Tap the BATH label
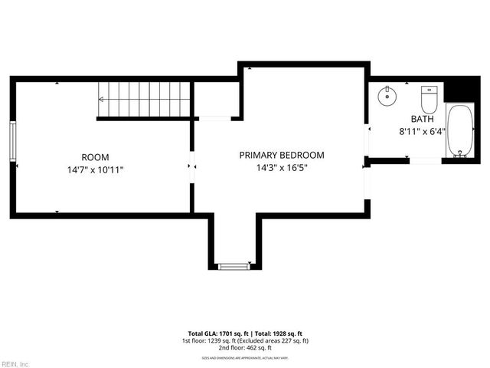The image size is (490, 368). [422, 119]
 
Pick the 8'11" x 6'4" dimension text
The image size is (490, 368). [422, 132]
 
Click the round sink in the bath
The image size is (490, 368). [388, 96]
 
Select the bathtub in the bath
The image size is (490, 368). [459, 130]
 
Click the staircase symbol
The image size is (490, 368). [144, 100]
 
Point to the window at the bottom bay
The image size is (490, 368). [234, 265]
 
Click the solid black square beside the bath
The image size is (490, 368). [461, 89]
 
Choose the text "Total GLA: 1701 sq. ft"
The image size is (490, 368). [208, 333]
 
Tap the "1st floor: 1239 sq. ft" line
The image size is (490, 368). [211, 340]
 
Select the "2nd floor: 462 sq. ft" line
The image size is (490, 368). [245, 347]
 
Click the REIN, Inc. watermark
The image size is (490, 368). [15, 363]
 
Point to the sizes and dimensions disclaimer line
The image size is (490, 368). [245, 357]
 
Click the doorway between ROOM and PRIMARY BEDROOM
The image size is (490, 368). [192, 166]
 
